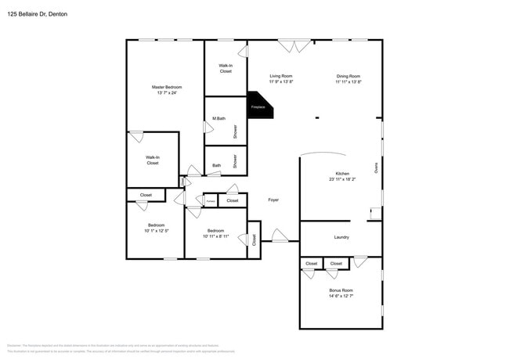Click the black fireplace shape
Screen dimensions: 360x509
pyautogui.click(x=259, y=106)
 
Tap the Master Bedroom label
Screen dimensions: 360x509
pyautogui.click(x=164, y=87)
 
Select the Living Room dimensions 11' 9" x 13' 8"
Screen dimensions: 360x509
pyautogui.click(x=281, y=81)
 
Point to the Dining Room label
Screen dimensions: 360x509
pyautogui.click(x=348, y=76)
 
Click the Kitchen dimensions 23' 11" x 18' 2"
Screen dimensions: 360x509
pyautogui.click(x=343, y=179)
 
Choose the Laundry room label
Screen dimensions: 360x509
pyautogui.click(x=341, y=237)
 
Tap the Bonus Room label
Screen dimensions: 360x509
pyautogui.click(x=341, y=290)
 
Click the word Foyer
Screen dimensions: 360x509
pyautogui.click(x=273, y=200)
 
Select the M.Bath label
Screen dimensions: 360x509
pyautogui.click(x=219, y=119)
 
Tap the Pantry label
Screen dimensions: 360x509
pyautogui.click(x=211, y=201)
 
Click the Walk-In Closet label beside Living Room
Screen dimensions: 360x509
pyautogui.click(x=226, y=68)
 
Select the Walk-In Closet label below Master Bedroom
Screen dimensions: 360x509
pyautogui.click(x=153, y=160)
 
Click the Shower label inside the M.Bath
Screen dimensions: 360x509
pyautogui.click(x=235, y=131)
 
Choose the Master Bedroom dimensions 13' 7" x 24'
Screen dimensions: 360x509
pyautogui.click(x=164, y=92)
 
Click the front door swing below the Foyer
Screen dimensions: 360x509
pyautogui.click(x=280, y=235)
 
